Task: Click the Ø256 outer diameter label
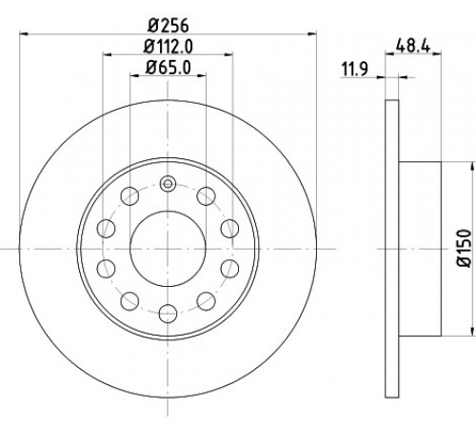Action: tap(169, 25)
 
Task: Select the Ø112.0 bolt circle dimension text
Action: tap(169, 47)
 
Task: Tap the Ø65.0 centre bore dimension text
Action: tap(169, 68)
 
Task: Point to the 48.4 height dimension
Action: tap(413, 46)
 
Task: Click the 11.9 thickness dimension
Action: tap(354, 70)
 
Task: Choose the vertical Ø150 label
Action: tap(465, 248)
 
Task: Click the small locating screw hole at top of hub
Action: tap(168, 184)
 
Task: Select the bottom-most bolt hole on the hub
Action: tap(168, 313)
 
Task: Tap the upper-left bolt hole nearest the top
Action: tap(129, 196)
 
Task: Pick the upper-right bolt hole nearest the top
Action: tap(206, 196)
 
